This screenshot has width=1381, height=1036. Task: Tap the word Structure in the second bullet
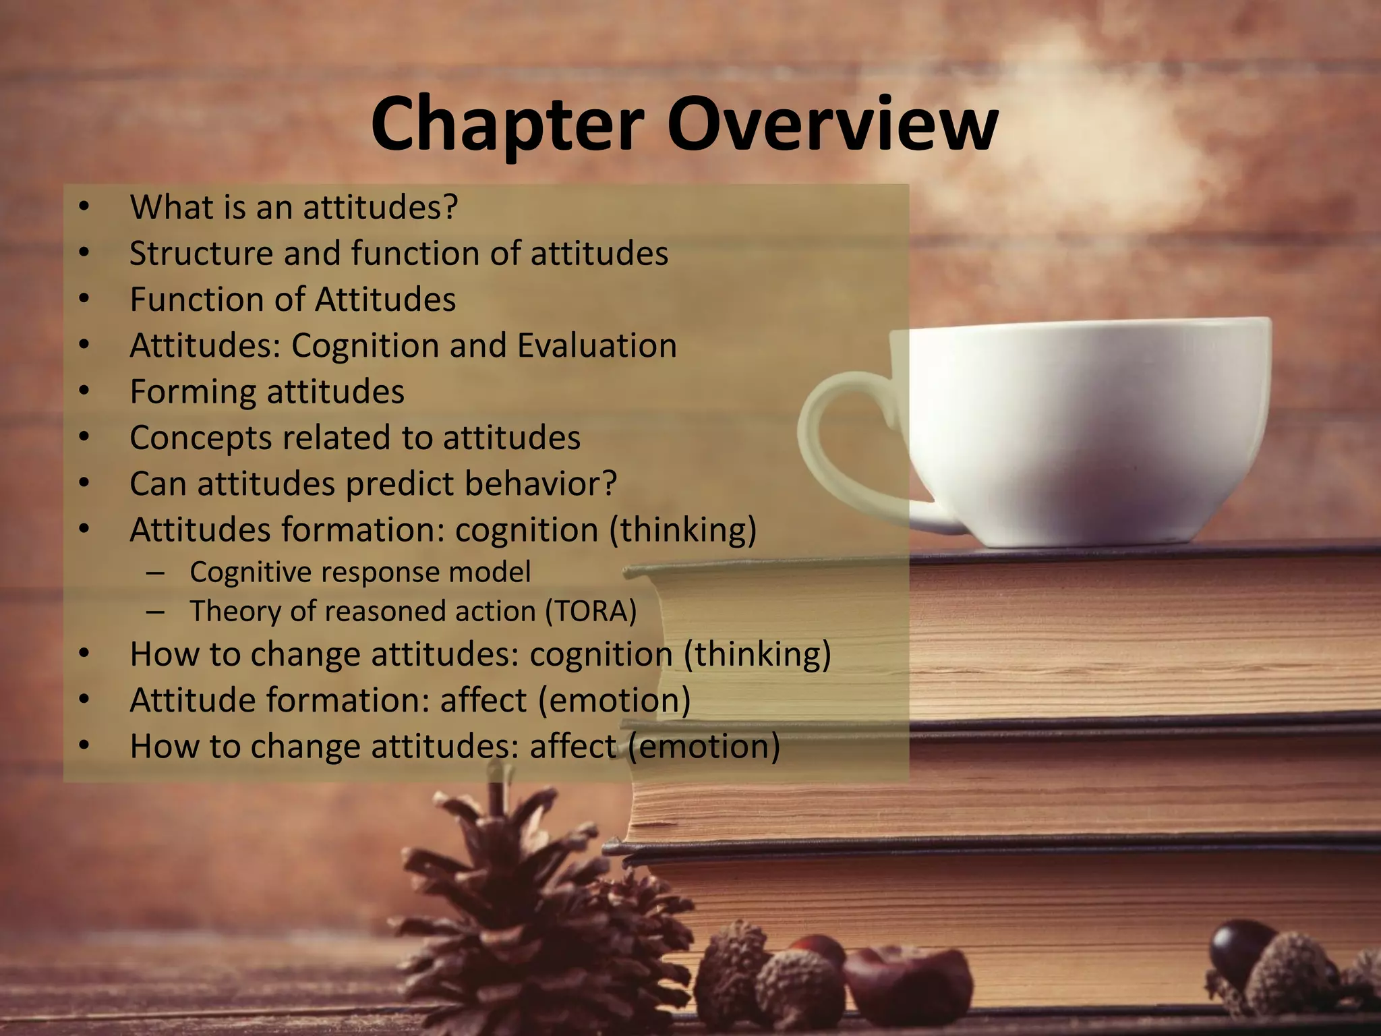pyautogui.click(x=200, y=254)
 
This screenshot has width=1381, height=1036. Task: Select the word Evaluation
pyautogui.click(x=597, y=345)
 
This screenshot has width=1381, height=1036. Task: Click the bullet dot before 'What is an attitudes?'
pyautogui.click(x=83, y=206)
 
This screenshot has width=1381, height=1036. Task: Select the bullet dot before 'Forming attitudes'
pyautogui.click(x=83, y=391)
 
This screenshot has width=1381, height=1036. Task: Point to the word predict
pyautogui.click(x=400, y=484)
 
